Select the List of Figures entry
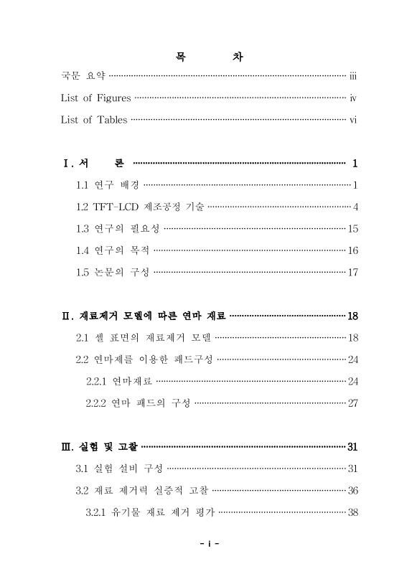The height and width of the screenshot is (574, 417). click(x=95, y=98)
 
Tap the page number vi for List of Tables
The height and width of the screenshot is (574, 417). click(x=353, y=120)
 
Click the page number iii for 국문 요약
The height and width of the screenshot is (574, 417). click(x=353, y=75)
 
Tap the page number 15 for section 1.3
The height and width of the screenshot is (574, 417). click(x=352, y=229)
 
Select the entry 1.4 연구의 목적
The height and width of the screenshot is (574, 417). click(x=113, y=250)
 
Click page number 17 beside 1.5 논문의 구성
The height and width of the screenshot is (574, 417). click(x=352, y=272)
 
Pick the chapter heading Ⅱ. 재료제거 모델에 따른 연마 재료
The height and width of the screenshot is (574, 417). click(x=144, y=316)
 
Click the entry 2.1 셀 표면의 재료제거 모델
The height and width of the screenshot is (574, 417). click(x=144, y=337)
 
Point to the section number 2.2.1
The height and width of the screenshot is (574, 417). click(x=97, y=381)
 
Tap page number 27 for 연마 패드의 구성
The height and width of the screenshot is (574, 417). click(x=352, y=403)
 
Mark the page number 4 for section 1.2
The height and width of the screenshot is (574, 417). click(x=355, y=207)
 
